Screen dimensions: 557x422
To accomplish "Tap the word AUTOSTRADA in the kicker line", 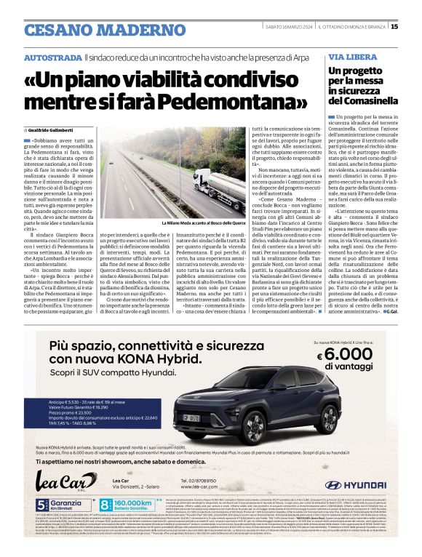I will [52, 57].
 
